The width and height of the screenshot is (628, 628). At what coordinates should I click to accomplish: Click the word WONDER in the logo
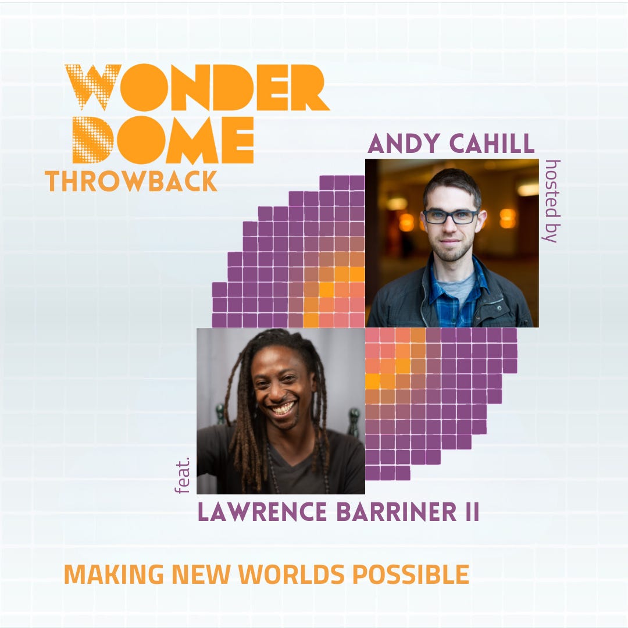coord(198,87)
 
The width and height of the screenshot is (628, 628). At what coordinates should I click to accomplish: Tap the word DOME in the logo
coord(163,140)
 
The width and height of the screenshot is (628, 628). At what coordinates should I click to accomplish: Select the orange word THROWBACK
coord(131,181)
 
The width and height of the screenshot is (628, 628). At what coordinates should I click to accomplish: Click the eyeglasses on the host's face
coord(451,216)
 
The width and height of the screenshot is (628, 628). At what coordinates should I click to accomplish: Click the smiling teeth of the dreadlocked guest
coord(284,408)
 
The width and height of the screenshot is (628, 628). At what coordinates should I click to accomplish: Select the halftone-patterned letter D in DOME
coord(93,140)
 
